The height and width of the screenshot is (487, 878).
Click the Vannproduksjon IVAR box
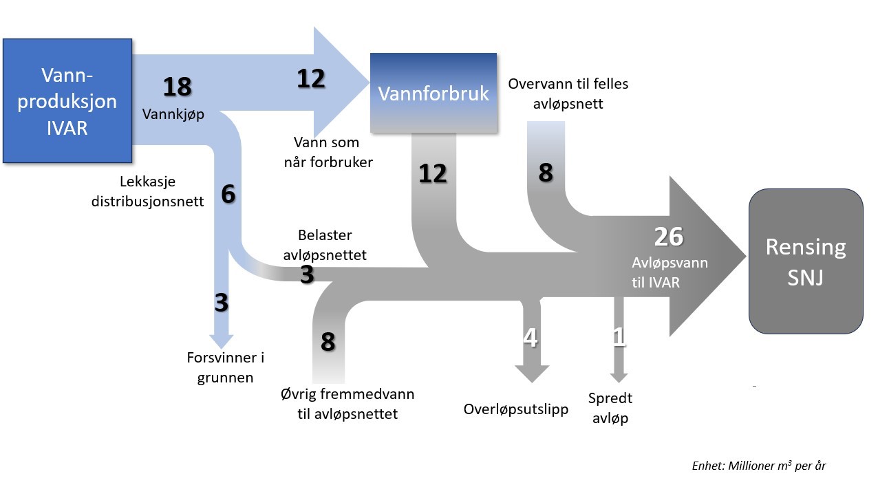pyautogui.click(x=67, y=100)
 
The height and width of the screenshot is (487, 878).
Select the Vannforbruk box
pyautogui.click(x=433, y=93)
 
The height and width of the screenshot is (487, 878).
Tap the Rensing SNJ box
pyautogui.click(x=806, y=262)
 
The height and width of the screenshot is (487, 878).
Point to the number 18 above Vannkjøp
pyautogui.click(x=177, y=87)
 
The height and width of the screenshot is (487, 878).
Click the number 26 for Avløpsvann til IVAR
pyautogui.click(x=668, y=237)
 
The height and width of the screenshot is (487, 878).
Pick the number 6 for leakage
pyautogui.click(x=228, y=195)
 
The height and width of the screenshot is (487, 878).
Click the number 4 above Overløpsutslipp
pyautogui.click(x=531, y=338)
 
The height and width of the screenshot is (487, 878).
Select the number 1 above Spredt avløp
pyautogui.click(x=619, y=337)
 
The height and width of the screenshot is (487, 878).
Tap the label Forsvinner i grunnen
pyautogui.click(x=225, y=367)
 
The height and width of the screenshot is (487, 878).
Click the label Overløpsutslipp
pyautogui.click(x=516, y=409)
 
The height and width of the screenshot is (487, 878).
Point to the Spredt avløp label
pyautogui.click(x=610, y=408)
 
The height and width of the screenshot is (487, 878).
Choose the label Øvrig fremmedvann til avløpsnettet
pyautogui.click(x=347, y=404)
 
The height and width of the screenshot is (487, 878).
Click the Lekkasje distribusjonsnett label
pyautogui.click(x=147, y=192)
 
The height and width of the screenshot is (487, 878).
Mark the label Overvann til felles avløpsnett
pyautogui.click(x=568, y=94)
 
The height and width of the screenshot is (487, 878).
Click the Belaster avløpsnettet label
pyautogui.click(x=325, y=245)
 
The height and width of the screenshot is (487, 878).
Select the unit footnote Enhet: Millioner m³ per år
pyautogui.click(x=758, y=466)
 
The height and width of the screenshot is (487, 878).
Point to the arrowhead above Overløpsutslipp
pyautogui.click(x=531, y=372)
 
